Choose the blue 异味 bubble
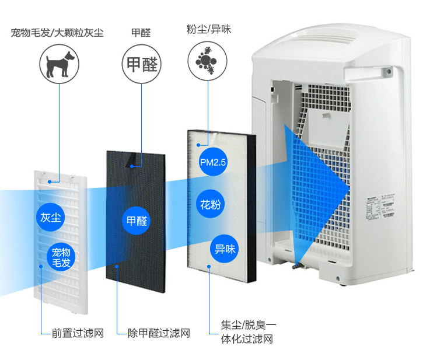pos(225,248)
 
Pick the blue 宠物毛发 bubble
pos(61,257)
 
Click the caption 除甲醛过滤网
pos(159,333)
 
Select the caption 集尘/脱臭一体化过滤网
pos(248,331)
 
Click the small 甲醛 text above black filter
pos(141,33)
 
